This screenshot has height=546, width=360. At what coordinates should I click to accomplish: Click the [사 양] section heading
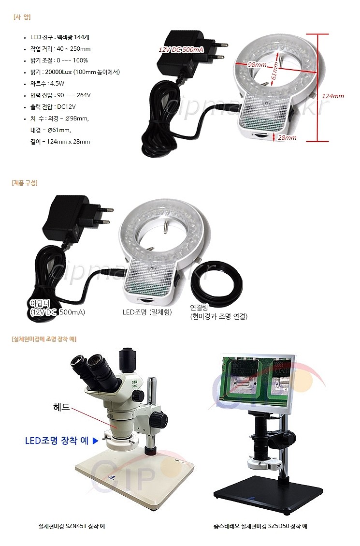pos(22,17)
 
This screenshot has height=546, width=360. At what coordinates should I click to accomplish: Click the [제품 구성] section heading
pos(25,183)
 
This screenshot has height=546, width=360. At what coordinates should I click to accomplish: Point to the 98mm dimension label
pos(257,65)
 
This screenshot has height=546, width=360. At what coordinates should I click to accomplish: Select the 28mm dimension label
pos(287,138)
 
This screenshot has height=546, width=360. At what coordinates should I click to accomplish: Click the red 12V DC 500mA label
pos(182,50)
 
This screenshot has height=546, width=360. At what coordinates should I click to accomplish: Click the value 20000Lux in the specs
pos(72,72)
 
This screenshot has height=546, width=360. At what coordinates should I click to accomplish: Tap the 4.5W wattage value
pos(57,84)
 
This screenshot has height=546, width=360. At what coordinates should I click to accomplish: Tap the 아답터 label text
pos(41,303)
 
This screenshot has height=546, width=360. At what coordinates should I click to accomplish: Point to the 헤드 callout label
pos(61,408)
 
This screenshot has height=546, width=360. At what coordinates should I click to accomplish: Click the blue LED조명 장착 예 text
pos(57,441)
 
